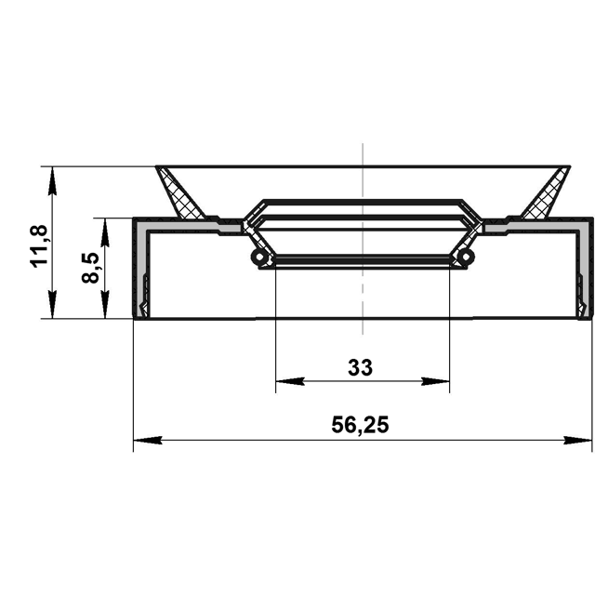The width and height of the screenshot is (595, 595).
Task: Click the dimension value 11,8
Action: pos(39,245)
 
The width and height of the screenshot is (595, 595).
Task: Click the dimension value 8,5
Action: pos(90,268)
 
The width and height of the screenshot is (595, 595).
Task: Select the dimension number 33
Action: pos(361,368)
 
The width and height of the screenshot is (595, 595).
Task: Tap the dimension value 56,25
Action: pos(360,425)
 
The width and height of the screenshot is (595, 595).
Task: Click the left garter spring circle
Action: pos(259,257)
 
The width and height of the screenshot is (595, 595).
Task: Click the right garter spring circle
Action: pos(466,257)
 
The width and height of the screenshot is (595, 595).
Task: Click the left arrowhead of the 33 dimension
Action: pos(290,381)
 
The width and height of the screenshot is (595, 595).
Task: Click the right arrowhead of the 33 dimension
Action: pos(435,381)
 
